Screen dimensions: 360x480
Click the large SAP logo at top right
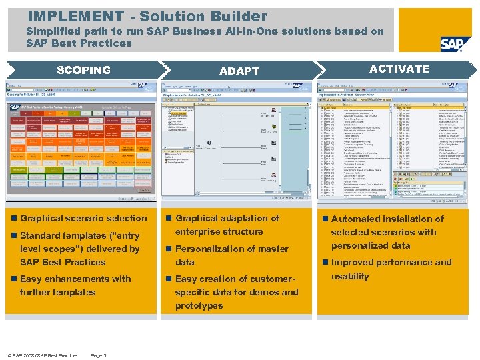click(x=455, y=43)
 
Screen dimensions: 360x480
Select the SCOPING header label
click(x=83, y=70)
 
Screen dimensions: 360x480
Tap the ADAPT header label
click(x=239, y=71)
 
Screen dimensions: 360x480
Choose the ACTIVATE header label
click(x=399, y=69)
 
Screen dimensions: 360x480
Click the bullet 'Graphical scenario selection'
click(x=83, y=219)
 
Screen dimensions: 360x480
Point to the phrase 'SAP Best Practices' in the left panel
click(x=63, y=262)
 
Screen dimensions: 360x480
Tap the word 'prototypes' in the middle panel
click(x=199, y=305)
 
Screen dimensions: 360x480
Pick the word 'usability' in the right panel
click(x=350, y=276)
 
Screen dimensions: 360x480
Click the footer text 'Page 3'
click(x=98, y=355)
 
